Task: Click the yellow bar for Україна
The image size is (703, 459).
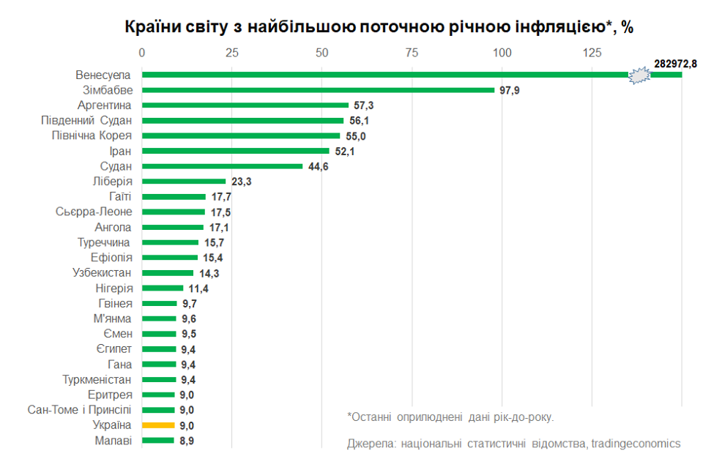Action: [158, 425]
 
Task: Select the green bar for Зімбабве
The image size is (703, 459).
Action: [318, 90]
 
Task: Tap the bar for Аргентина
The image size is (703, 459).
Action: [245, 105]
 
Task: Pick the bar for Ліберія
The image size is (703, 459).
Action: [183, 181]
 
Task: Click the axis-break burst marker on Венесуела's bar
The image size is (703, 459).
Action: [639, 75]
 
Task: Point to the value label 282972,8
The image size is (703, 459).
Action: [675, 64]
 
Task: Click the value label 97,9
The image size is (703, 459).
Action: [510, 90]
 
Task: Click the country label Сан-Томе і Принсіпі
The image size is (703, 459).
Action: [80, 409]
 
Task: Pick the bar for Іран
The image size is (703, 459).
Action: [235, 151]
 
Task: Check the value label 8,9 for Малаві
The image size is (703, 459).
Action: [187, 441]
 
